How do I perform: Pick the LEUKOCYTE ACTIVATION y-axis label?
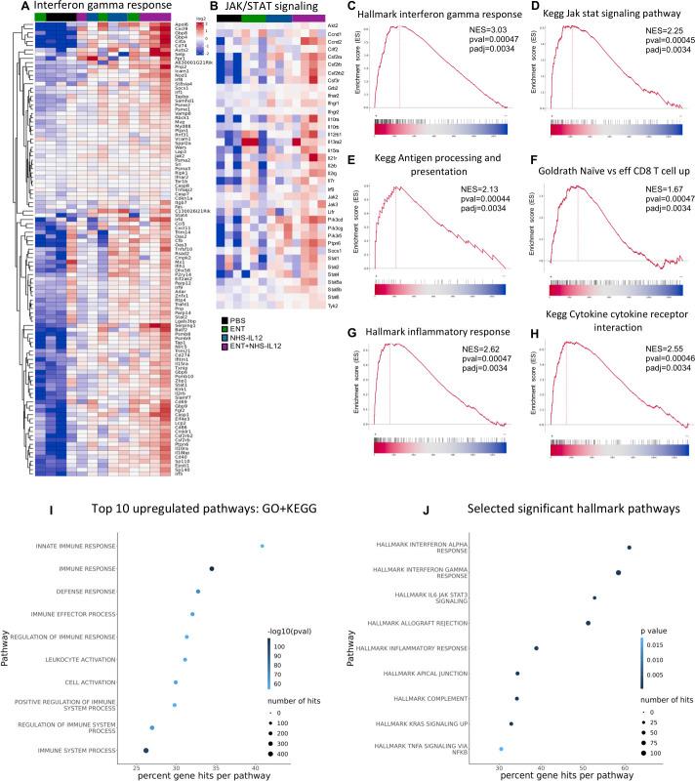[79, 659]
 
